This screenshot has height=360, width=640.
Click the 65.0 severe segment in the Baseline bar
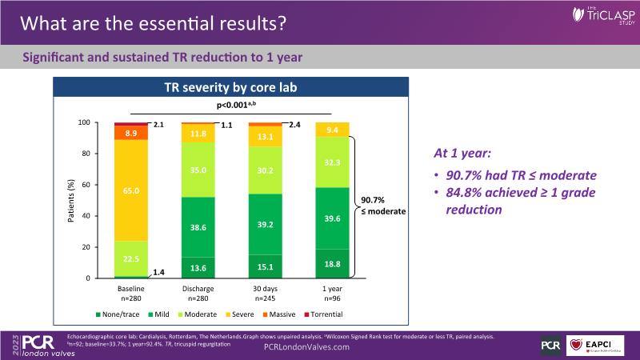(132, 191)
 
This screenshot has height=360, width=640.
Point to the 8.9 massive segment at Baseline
(132, 133)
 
